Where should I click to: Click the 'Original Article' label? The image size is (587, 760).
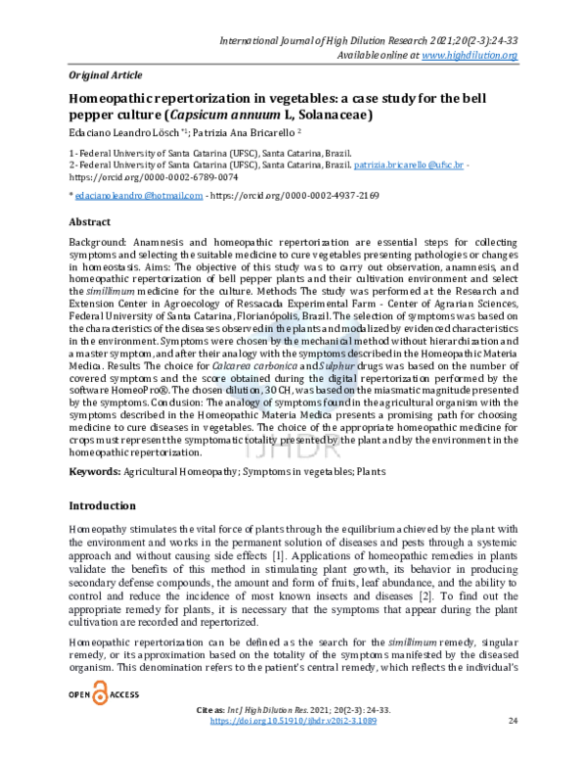click(106, 74)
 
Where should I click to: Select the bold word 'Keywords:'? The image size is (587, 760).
click(94, 472)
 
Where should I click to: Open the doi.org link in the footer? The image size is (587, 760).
click(293, 748)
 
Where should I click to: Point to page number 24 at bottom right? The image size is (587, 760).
click(514, 748)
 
